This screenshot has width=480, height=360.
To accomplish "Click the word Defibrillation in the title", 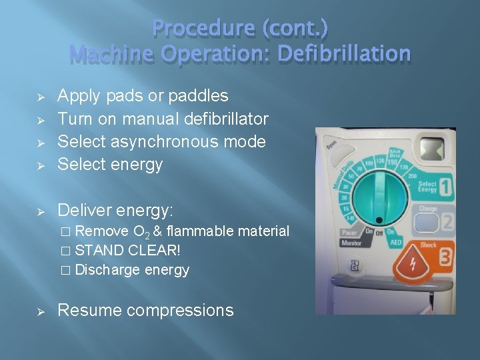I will pos(344,53).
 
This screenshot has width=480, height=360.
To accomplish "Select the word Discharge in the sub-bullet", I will pos(107,270).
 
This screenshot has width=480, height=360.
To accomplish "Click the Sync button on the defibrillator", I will pos(331,145).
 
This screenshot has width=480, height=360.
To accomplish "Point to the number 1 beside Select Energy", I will pos(445,187).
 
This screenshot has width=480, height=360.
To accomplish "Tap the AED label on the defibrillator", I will pos(396,242).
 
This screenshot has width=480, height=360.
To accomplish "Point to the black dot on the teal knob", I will pos(379,219).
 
